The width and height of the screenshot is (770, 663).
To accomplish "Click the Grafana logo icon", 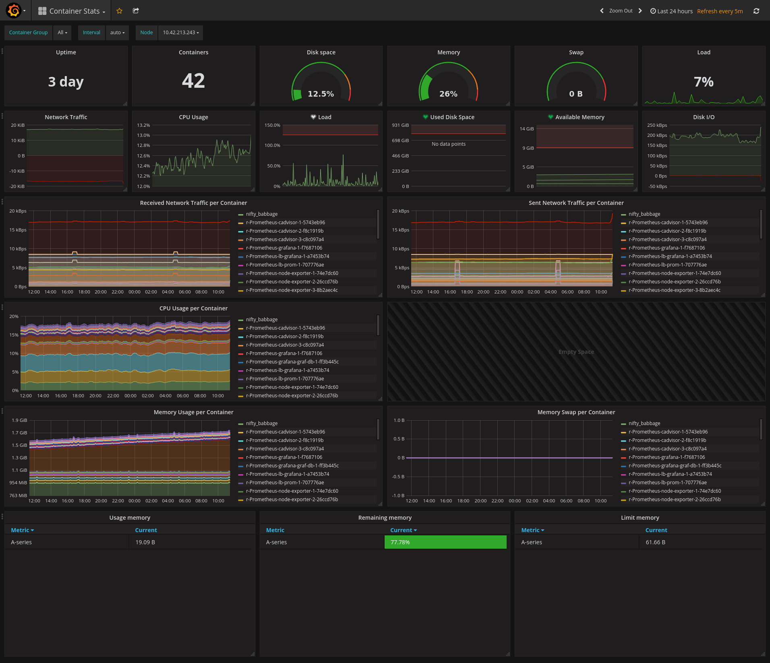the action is pyautogui.click(x=14, y=10).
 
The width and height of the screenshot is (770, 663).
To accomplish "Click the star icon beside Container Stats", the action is pyautogui.click(x=119, y=11).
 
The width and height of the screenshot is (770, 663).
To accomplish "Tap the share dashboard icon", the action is pyautogui.click(x=136, y=11).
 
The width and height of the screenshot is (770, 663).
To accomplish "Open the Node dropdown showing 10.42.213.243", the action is pyautogui.click(x=180, y=33).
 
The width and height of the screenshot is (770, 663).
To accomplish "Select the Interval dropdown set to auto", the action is pyautogui.click(x=118, y=33).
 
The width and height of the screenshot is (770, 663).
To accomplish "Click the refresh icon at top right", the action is pyautogui.click(x=756, y=11).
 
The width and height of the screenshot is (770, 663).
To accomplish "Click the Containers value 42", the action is pyautogui.click(x=193, y=81).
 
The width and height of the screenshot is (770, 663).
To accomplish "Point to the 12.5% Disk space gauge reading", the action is pyautogui.click(x=321, y=94).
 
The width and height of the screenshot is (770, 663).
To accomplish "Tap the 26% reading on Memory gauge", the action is pyautogui.click(x=448, y=94).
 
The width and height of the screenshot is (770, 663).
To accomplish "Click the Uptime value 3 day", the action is pyautogui.click(x=66, y=82).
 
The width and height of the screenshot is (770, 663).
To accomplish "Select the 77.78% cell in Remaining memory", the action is pyautogui.click(x=445, y=542).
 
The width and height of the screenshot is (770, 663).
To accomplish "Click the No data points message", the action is pyautogui.click(x=449, y=144).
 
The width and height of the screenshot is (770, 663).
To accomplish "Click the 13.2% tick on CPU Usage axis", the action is pyautogui.click(x=143, y=125).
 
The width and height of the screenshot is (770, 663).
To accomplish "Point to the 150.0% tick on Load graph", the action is pyautogui.click(x=272, y=125).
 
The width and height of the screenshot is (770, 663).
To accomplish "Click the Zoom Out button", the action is pyautogui.click(x=621, y=11).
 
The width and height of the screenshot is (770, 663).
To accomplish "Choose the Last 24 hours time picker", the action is pyautogui.click(x=671, y=11).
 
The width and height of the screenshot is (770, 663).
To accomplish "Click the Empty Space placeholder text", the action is pyautogui.click(x=576, y=352).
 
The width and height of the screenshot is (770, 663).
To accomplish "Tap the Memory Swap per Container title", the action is pyautogui.click(x=576, y=412).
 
